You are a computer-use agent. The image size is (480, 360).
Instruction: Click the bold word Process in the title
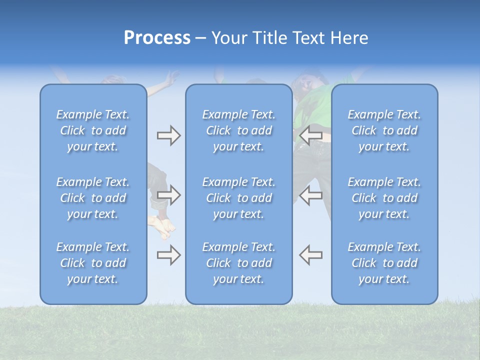(x=157, y=38)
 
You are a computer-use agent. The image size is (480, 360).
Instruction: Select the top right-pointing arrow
(x=168, y=135)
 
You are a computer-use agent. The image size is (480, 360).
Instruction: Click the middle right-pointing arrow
(x=168, y=194)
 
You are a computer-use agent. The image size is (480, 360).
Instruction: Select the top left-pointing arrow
(x=310, y=135)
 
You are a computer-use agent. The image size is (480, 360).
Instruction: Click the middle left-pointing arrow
(x=310, y=195)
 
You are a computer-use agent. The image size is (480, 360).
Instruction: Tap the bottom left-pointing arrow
(x=310, y=254)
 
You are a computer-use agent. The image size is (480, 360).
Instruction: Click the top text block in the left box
(x=93, y=130)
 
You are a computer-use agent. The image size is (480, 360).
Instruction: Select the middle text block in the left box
(x=93, y=198)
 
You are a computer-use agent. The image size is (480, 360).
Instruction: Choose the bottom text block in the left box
(x=93, y=263)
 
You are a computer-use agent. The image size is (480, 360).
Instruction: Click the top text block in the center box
(x=238, y=130)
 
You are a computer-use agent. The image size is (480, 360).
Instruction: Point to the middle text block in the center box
(x=238, y=198)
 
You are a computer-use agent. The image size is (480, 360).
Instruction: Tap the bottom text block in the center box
(x=238, y=263)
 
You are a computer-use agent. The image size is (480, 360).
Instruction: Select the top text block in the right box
(x=384, y=130)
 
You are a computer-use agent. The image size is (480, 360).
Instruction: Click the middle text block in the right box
(x=384, y=198)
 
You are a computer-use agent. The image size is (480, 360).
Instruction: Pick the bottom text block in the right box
(x=384, y=263)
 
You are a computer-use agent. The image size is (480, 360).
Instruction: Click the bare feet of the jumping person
(x=163, y=227)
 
